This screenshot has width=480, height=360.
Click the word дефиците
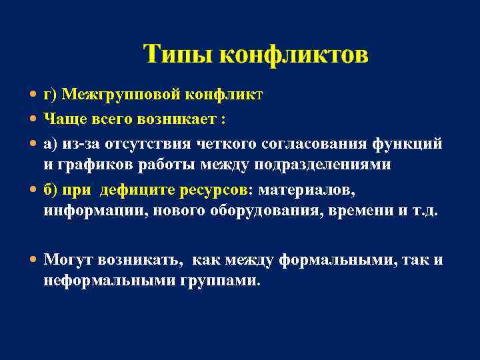click(x=137, y=190)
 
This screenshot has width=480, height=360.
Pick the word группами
click(x=219, y=281)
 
